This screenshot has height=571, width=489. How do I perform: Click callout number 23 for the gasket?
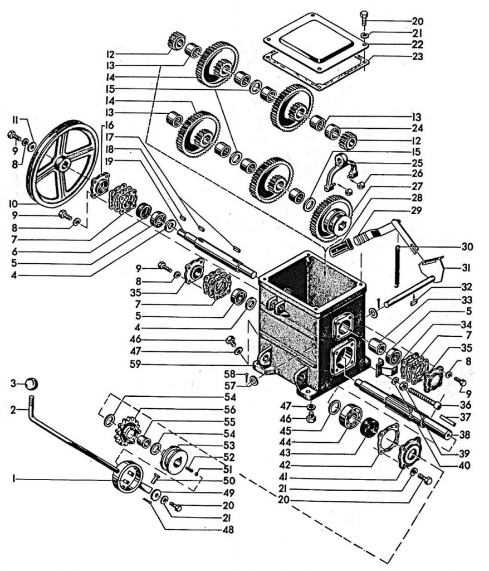point(417,56)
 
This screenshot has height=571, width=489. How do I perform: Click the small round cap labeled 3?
point(32,384)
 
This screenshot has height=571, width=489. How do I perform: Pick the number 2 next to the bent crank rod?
point(13,410)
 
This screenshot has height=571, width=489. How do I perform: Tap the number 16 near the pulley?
point(109,125)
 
